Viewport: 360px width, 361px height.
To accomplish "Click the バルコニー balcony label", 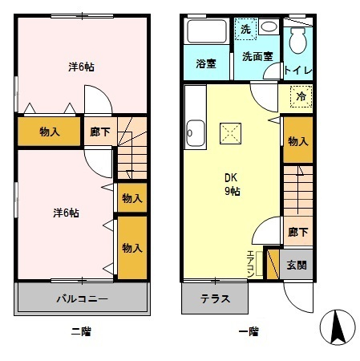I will point(82,298).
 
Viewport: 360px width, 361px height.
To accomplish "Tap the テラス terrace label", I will point(215,299).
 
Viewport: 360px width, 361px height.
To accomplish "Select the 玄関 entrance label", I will point(295,264).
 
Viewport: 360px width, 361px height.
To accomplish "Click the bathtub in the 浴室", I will point(207,34).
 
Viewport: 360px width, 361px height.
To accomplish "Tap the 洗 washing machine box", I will point(246,29).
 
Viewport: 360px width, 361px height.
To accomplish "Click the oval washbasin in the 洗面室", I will point(269,26).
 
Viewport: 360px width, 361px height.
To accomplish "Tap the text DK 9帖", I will point(231,185).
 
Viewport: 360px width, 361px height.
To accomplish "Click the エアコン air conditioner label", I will point(251,262).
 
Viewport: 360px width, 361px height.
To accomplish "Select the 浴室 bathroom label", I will point(206,64).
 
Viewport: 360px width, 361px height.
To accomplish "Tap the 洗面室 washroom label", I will point(257,57).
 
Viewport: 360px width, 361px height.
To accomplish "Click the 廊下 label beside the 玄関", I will point(296,233).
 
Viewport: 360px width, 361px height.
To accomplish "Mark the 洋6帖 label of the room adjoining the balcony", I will point(66,213).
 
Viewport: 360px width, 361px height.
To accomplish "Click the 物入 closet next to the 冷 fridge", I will point(297,141).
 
